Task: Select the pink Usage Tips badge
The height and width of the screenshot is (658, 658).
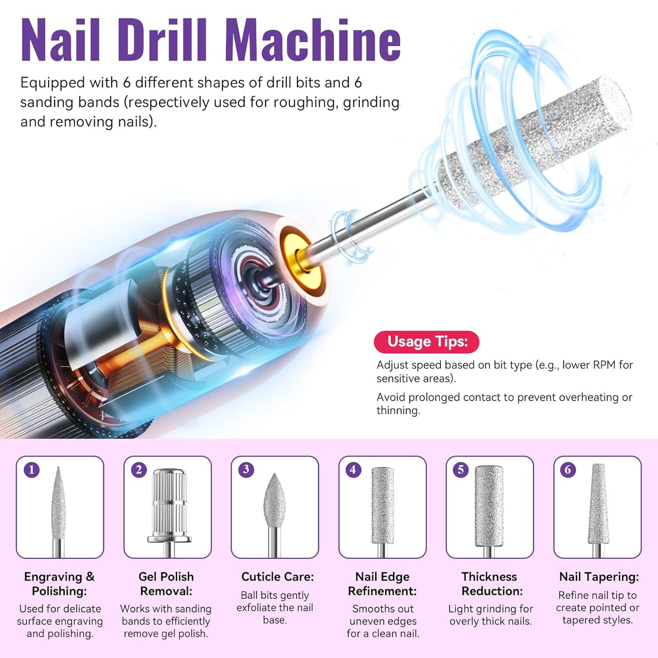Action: point(426,342)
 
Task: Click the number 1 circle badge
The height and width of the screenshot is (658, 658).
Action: point(31,469)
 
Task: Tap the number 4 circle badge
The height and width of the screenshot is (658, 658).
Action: point(353,469)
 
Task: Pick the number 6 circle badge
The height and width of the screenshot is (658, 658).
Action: point(568,469)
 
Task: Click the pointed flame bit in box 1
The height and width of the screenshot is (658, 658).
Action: point(58,505)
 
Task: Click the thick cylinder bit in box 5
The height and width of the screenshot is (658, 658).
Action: point(489,505)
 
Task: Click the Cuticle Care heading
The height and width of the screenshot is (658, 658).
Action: point(277,576)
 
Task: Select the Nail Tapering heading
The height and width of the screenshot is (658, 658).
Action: point(599,576)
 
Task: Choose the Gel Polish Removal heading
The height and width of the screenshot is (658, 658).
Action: point(166,584)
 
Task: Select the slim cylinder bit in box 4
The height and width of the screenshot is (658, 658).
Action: point(383,505)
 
